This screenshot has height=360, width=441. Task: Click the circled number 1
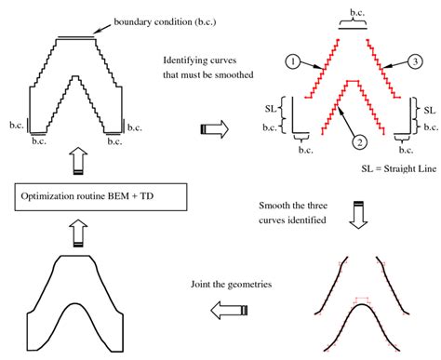(291, 61)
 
